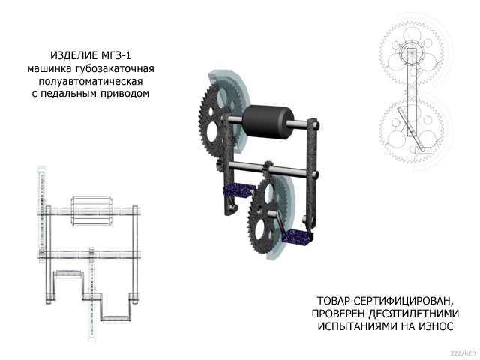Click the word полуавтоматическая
[94, 82]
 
